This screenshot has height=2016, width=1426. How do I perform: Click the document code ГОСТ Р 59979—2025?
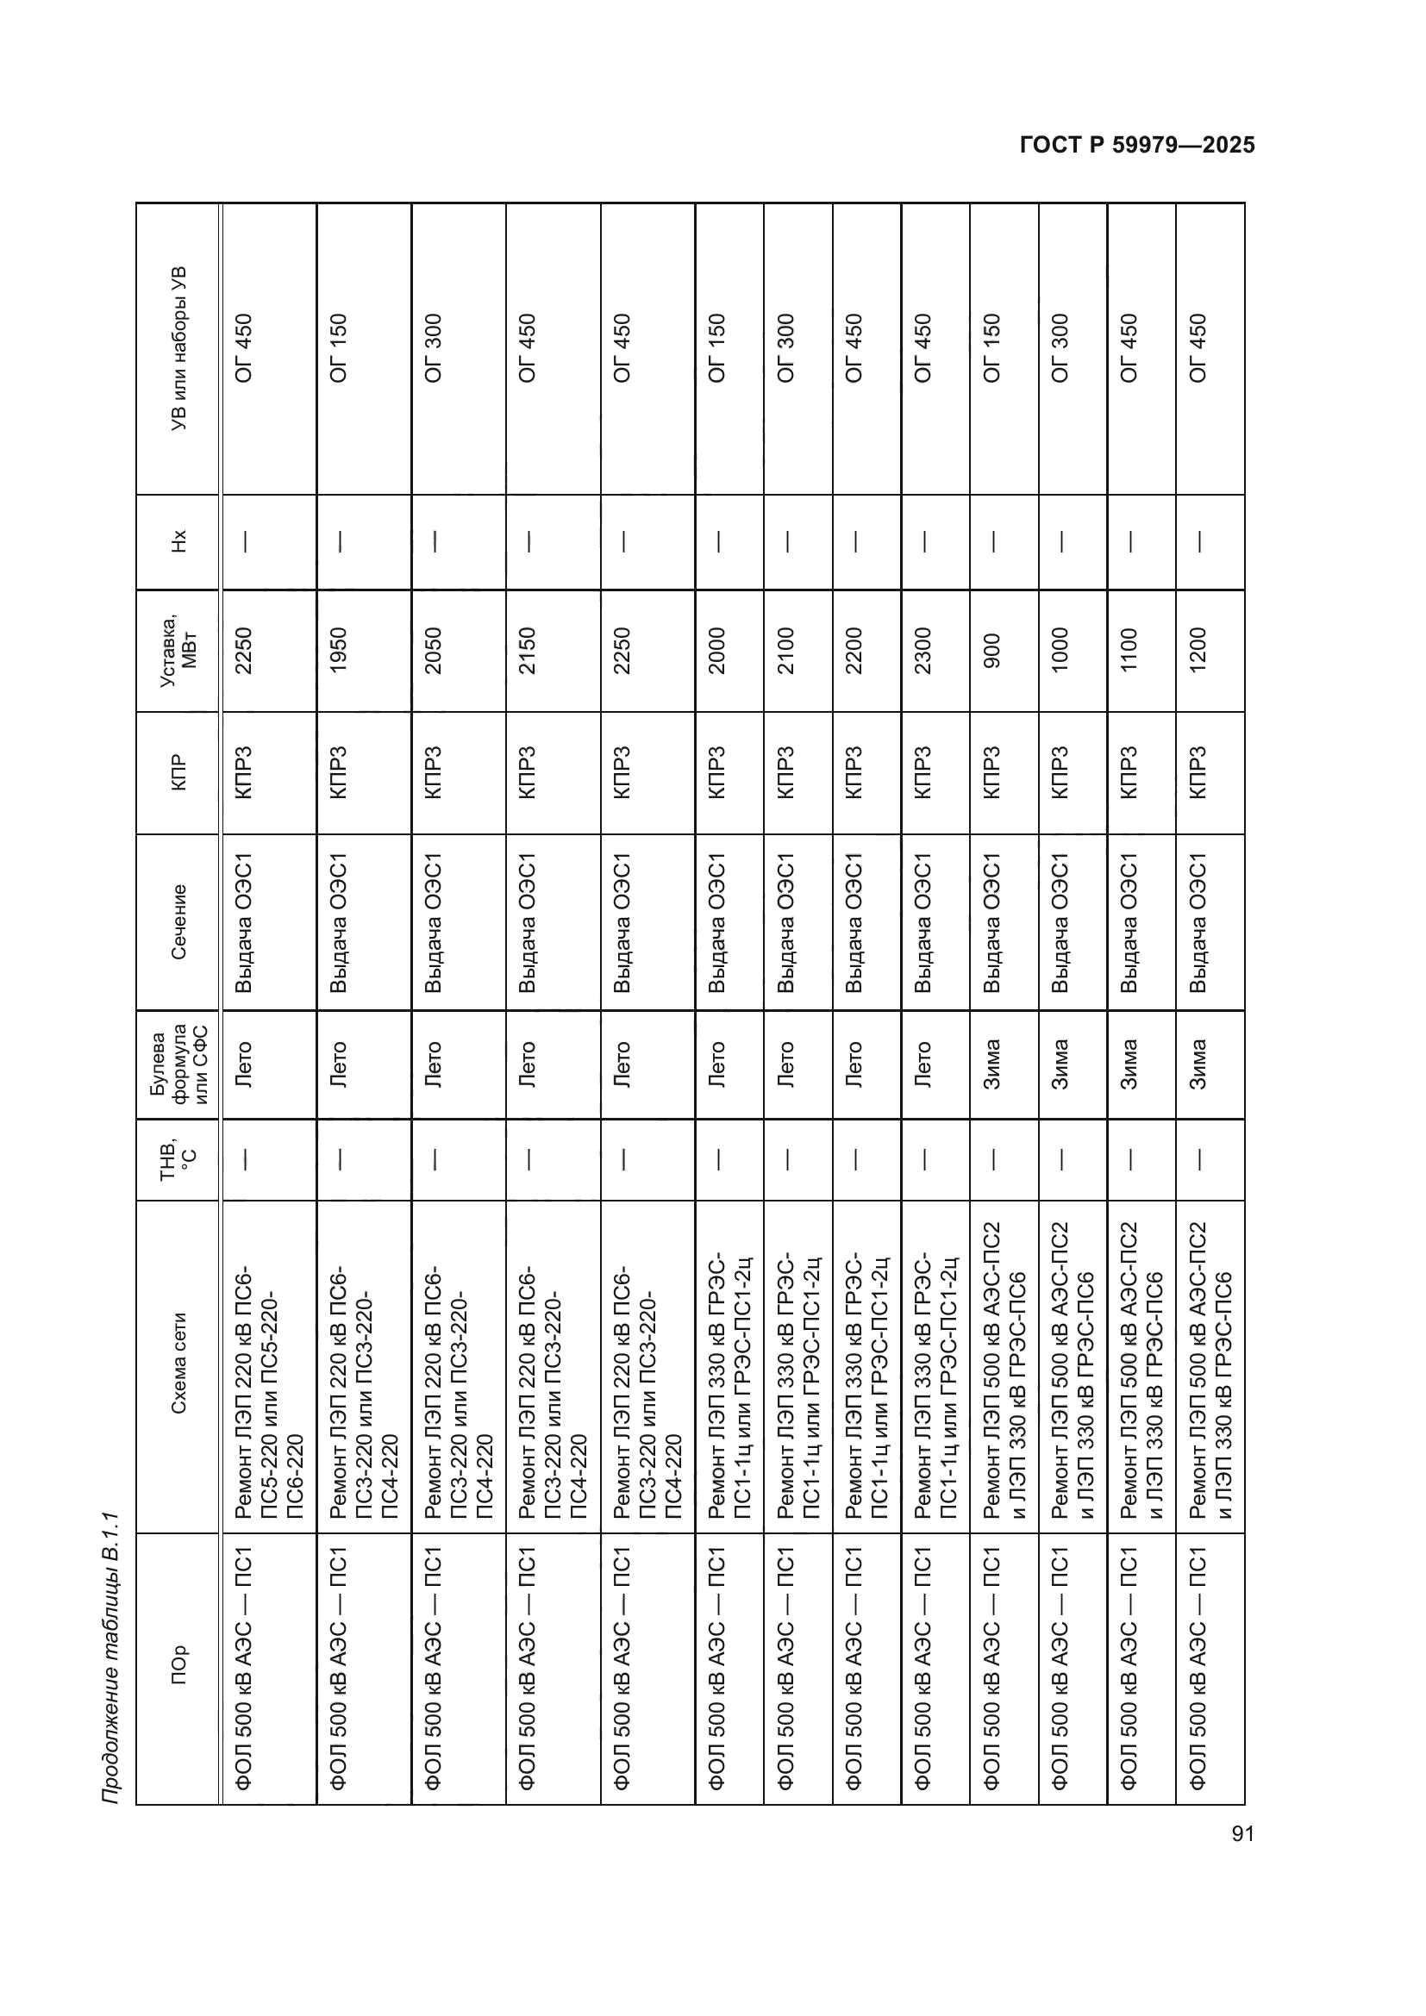[x=1137, y=146]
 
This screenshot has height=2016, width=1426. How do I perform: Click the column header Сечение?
[x=178, y=922]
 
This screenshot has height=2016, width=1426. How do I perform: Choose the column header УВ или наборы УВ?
[x=178, y=347]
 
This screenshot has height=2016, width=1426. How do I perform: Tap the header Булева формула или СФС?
[x=178, y=1064]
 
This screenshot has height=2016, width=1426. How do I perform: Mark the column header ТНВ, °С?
[x=178, y=1159]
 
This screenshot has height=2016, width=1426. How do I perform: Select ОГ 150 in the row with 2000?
[x=716, y=347]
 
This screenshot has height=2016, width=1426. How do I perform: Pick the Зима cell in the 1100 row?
[x=1129, y=1064]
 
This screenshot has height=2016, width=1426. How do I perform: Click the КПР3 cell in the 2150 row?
[x=527, y=771]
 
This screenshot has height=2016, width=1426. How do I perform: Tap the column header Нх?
[x=178, y=541]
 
